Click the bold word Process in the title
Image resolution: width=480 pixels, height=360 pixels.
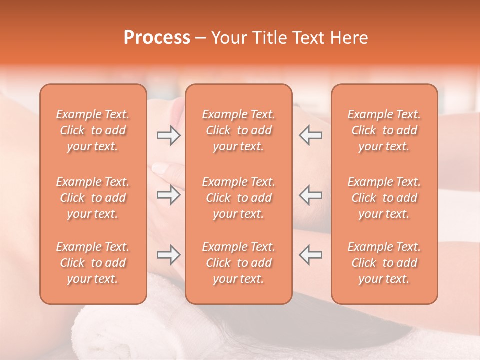click(x=157, y=38)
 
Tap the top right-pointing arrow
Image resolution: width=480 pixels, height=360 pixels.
click(x=168, y=135)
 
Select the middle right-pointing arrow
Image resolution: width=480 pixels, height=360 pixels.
click(x=168, y=195)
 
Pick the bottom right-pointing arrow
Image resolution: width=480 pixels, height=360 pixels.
click(x=168, y=255)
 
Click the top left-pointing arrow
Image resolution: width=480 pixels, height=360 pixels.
click(x=311, y=135)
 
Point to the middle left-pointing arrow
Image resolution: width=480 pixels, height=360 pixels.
click(x=311, y=195)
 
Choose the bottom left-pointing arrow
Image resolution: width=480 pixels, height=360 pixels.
click(x=311, y=255)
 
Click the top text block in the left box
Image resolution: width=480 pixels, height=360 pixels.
click(x=93, y=130)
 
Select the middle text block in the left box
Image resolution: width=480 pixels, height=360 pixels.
click(x=93, y=198)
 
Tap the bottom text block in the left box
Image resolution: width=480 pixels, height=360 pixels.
click(x=93, y=263)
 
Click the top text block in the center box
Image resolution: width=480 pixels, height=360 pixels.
click(x=239, y=130)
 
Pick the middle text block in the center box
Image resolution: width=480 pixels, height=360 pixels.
click(x=239, y=198)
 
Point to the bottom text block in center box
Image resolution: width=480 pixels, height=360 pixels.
click(x=239, y=263)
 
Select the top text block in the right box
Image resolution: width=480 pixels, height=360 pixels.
click(x=384, y=130)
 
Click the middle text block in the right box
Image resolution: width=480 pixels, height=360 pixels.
click(x=384, y=198)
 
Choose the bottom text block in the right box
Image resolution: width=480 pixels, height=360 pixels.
click(x=384, y=263)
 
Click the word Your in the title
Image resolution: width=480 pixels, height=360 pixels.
click(x=229, y=38)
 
